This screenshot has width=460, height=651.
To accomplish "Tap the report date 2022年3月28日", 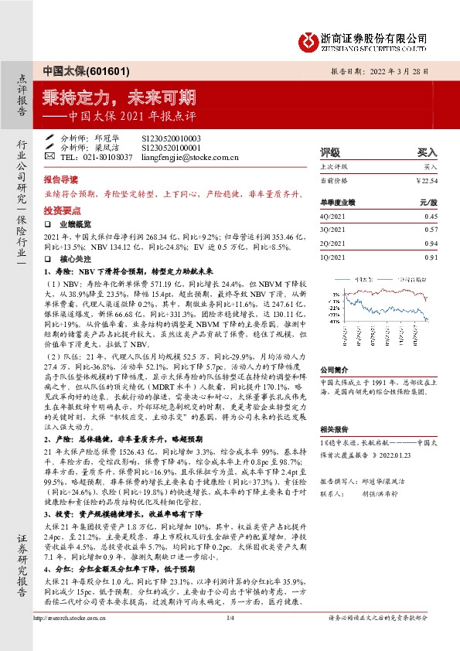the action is coord(405,69).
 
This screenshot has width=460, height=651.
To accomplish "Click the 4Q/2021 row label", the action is coord(332,217).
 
